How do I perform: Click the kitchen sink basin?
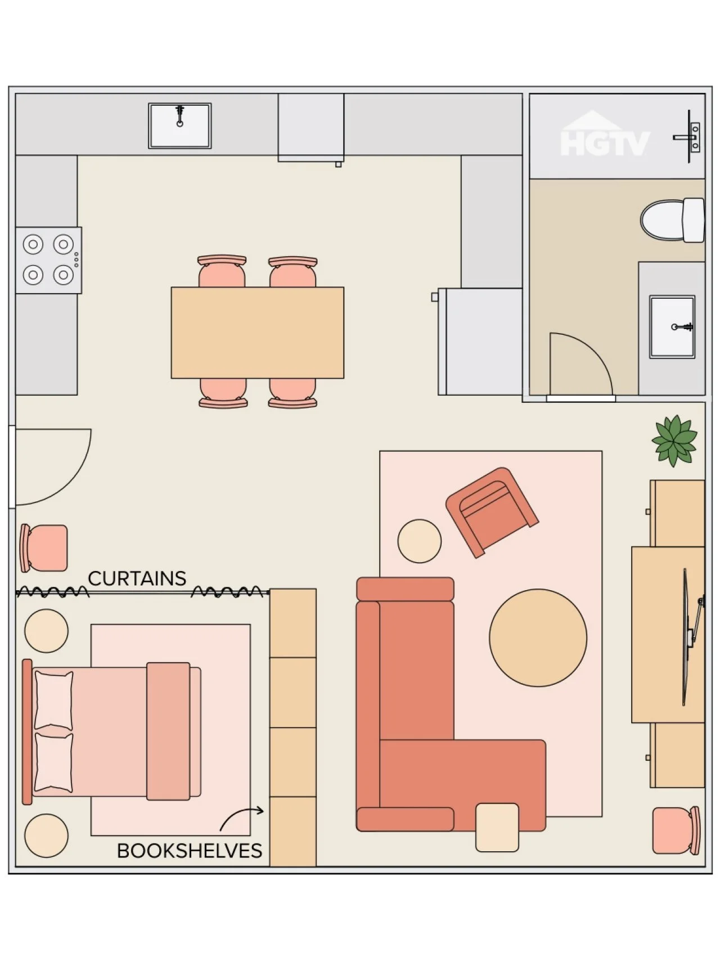pos(179,125)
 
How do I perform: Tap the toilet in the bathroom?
pos(673,220)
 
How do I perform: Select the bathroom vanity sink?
pos(672,327)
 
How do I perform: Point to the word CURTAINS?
pos(137,578)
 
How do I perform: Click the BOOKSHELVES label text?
pos(190,851)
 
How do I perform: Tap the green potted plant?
pos(674,441)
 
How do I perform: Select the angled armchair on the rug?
pos(492,511)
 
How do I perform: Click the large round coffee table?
pos(538,637)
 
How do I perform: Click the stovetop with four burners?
pos(48,260)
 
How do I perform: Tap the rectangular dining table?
pos(258,333)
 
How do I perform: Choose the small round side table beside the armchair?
pos(420,541)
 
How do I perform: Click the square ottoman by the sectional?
pos(497,827)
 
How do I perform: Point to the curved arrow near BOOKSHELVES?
pos(241,816)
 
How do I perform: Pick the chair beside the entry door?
pos(44,548)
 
